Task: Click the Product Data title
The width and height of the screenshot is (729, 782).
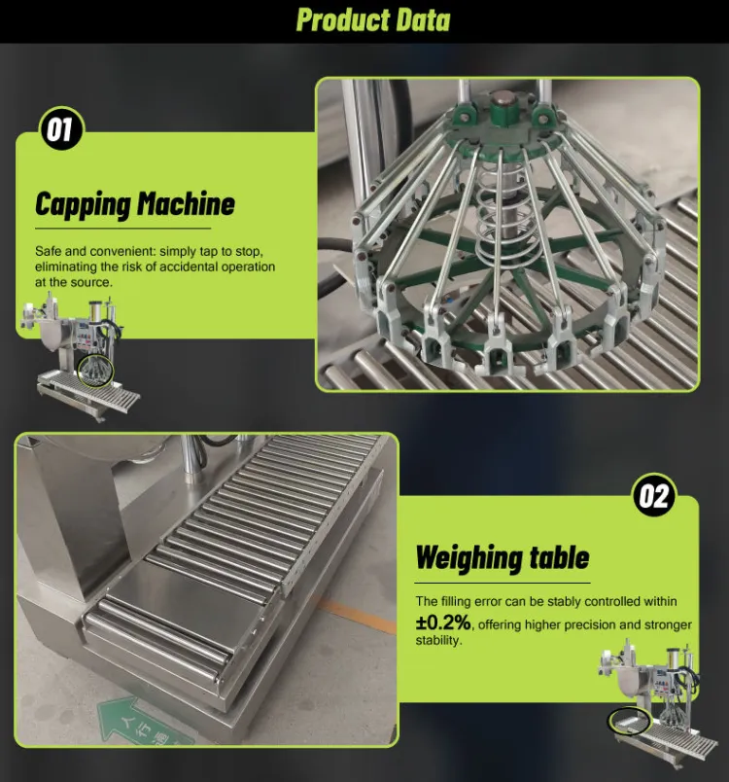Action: coord(373,20)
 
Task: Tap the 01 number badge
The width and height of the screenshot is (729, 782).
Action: coord(61,129)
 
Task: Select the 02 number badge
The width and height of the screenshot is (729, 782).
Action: coord(654,496)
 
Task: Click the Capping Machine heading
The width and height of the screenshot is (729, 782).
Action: coord(135,204)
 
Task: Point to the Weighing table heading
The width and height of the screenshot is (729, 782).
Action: coord(503,557)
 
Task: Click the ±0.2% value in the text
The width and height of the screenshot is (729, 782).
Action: coord(443,622)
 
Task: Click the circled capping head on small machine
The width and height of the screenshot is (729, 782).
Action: coord(96,372)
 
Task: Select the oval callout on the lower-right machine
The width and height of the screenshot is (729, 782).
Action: coord(629,722)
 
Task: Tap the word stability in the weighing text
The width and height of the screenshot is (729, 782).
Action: coord(438,640)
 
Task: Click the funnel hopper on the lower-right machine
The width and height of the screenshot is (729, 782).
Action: coord(634,684)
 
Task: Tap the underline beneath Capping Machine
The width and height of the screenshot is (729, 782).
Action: coord(123,229)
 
